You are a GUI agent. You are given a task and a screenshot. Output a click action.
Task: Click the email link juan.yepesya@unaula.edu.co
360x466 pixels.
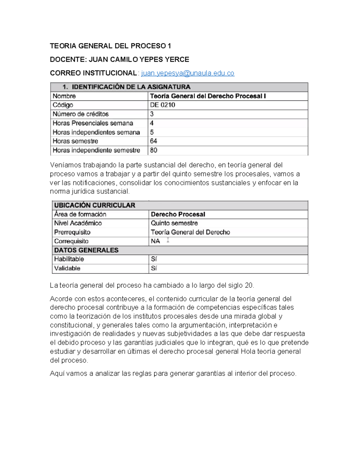[187, 73]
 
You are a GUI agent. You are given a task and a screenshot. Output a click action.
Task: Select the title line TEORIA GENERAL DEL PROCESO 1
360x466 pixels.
[110, 46]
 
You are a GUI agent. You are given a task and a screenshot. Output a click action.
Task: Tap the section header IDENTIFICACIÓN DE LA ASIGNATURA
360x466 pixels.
[131, 87]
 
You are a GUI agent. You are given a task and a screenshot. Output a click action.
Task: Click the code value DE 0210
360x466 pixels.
[163, 105]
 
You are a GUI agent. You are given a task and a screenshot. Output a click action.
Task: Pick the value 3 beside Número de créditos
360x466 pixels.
[152, 114]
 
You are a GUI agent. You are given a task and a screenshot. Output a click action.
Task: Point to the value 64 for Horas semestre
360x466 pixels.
[154, 141]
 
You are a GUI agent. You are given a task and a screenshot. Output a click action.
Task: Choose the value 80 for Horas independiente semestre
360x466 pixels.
[154, 150]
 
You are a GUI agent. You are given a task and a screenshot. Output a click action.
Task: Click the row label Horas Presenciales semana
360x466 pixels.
[93, 123]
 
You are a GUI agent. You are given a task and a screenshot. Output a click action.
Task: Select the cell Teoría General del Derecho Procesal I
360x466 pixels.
[208, 96]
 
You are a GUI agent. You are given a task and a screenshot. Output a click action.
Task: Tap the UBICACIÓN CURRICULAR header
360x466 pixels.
[94, 205]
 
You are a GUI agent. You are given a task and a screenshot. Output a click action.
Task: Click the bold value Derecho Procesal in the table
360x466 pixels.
[178, 214]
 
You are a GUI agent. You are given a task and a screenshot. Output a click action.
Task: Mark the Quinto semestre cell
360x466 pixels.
[174, 223]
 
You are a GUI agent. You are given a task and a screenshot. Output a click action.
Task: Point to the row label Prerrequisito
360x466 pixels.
[72, 232]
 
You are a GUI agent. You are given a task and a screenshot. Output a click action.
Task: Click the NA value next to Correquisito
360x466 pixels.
[155, 241]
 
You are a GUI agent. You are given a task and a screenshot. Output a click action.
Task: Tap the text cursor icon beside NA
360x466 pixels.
[168, 240]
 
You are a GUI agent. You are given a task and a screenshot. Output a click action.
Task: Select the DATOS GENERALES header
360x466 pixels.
[86, 250]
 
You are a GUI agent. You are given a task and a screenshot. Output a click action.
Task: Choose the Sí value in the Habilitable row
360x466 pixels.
[154, 259]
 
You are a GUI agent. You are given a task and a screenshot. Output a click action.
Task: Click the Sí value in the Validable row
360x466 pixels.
[154, 268]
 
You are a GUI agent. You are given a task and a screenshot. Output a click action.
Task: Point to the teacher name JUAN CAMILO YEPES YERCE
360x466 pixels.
[139, 59]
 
